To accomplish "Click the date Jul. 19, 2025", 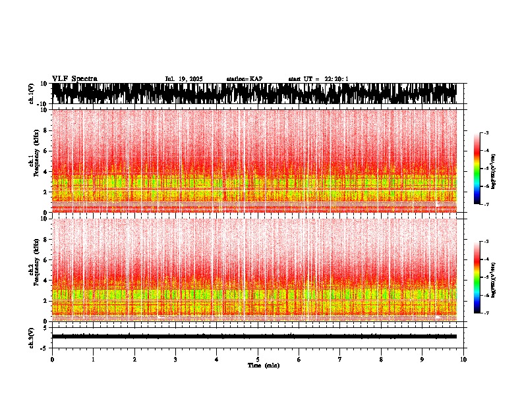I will pos(184,79).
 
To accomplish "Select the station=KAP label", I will pos(244,79).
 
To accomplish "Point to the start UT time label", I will pos(318,79).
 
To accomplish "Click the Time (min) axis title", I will pos(263,365).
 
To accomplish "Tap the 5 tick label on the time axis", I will pos(258,360).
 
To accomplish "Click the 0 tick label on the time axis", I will pos(52,360).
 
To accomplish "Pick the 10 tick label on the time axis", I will pos(463,360).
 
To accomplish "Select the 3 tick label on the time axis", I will pos(175,360).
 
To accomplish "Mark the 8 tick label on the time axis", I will pos(381,360).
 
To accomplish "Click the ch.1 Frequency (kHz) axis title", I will pos(35,161).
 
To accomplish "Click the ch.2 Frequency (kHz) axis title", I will pos(35,270).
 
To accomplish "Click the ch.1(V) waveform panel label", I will pos(32,94).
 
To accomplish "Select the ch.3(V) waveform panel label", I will pos(32,336).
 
